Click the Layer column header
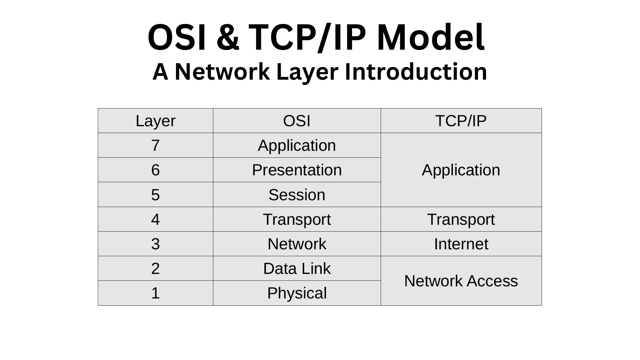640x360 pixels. tap(155, 121)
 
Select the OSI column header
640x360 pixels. tap(297, 121)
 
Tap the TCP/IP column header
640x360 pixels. tap(461, 121)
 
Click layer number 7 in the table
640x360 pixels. tap(155, 145)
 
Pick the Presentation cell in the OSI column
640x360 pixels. tap(297, 170)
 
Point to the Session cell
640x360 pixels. tap(297, 195)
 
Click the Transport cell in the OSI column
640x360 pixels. tap(297, 219)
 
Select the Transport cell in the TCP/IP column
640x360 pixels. tap(461, 219)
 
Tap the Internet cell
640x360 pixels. tap(461, 244)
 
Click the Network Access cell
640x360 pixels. tap(461, 281)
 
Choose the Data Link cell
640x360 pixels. tap(297, 269)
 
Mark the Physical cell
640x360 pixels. tap(297, 293)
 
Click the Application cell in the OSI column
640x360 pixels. tap(297, 145)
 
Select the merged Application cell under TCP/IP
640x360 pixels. tap(461, 170)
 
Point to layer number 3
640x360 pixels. tap(155, 244)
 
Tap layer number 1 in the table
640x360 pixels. tap(155, 293)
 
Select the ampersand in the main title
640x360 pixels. tap(228, 37)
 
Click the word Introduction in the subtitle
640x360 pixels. tap(416, 72)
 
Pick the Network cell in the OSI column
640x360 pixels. tap(297, 244)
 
